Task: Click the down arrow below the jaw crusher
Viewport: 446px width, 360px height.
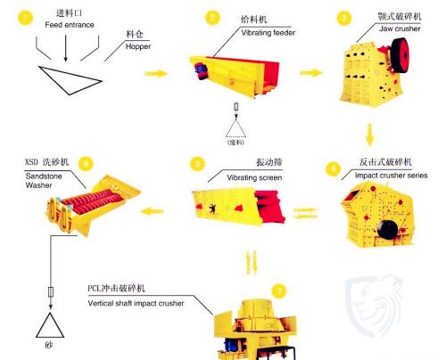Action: tap(368, 136)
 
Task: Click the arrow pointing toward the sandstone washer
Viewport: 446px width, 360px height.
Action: tap(161, 212)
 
